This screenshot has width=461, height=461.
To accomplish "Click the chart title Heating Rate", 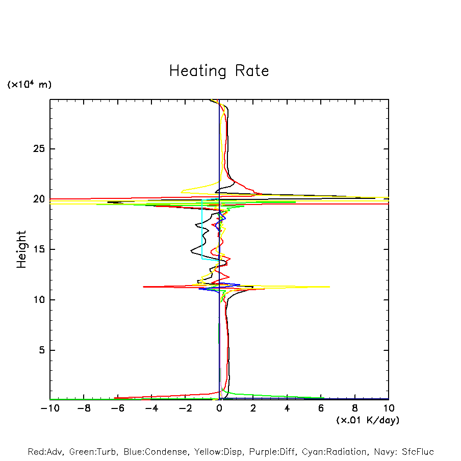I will click(219, 71).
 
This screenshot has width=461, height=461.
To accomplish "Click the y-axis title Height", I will click(21, 249).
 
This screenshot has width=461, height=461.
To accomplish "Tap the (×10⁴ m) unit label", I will click(29, 85).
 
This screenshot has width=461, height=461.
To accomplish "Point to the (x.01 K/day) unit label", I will click(367, 420).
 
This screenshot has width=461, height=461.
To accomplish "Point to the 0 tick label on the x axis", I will click(219, 408).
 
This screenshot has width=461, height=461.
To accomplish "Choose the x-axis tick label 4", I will click(287, 408).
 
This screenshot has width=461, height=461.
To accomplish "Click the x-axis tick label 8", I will click(355, 408).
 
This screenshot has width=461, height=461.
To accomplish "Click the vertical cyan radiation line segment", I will click(202, 229).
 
